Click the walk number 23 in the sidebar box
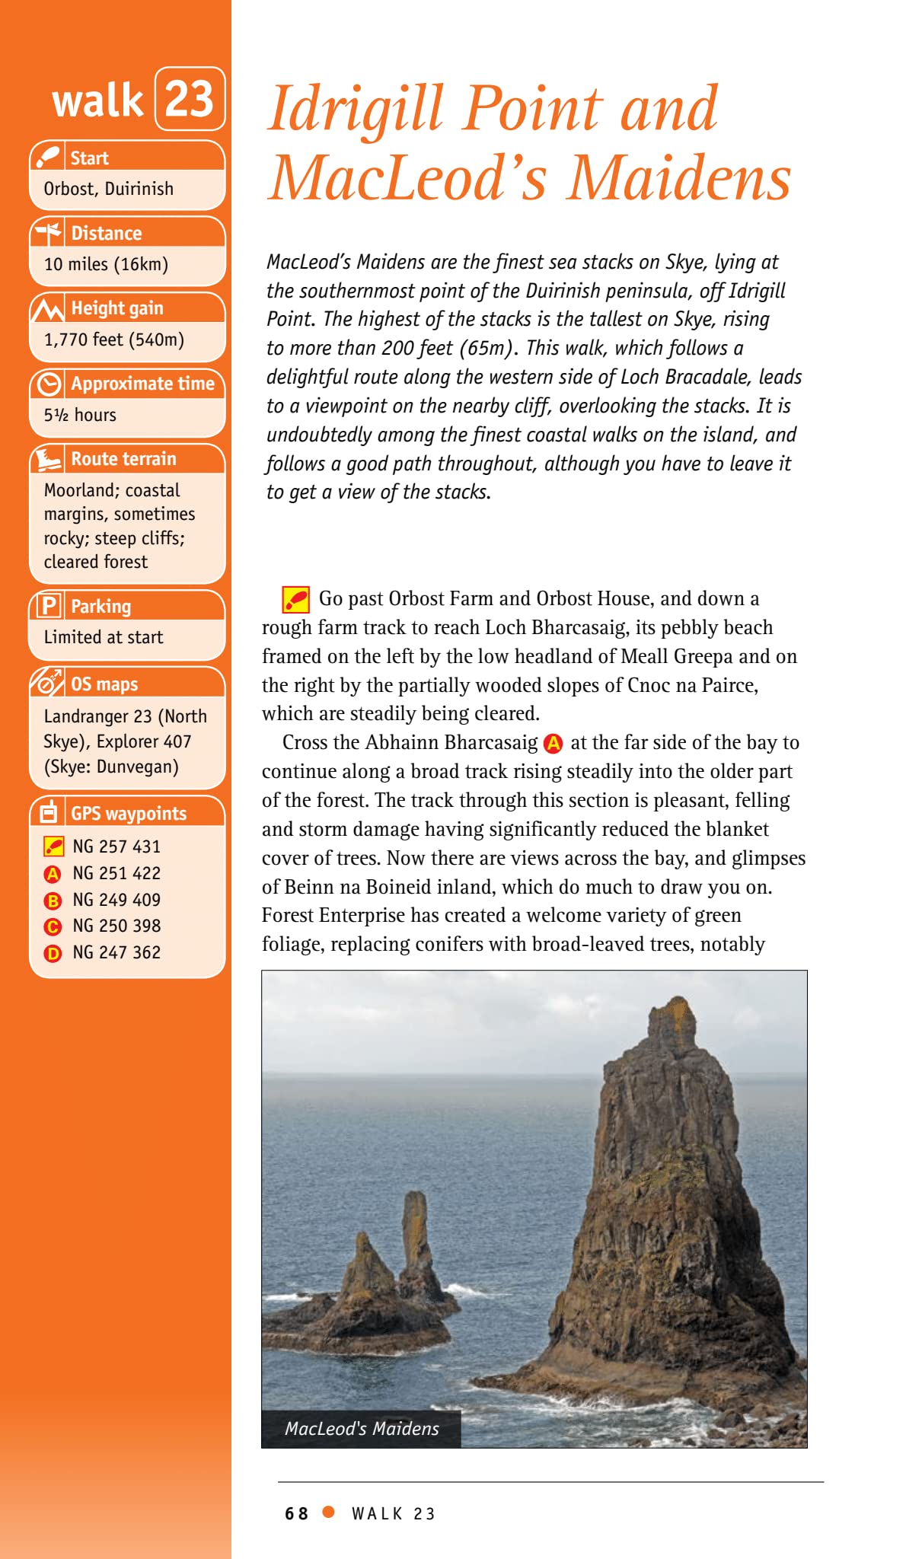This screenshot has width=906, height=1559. coord(190,99)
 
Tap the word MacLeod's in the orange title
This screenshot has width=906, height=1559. coord(409,178)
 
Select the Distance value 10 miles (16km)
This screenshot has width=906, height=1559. coord(106,264)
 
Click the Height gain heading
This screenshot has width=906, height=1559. coord(117,308)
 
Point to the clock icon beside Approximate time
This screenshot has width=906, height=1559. coord(49,384)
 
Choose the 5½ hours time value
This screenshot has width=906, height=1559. coord(80,415)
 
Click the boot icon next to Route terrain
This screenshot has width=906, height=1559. coord(49,459)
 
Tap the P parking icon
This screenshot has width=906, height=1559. coord(49,606)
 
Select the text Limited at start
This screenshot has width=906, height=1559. coord(104,637)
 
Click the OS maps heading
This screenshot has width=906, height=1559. coord(104,684)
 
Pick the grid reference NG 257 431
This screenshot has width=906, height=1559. coord(116,846)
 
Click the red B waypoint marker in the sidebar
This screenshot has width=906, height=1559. coord(53,901)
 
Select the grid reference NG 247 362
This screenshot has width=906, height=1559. coord(116,952)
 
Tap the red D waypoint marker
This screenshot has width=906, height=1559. coord(53,953)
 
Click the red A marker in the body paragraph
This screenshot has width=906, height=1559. coord(553,743)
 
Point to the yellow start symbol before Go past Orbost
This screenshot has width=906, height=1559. coord(295,600)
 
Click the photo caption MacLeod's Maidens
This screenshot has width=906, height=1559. coord(362,1429)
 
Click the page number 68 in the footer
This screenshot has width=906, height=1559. coord(296,1513)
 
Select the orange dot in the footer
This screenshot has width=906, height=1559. coord(329,1512)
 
